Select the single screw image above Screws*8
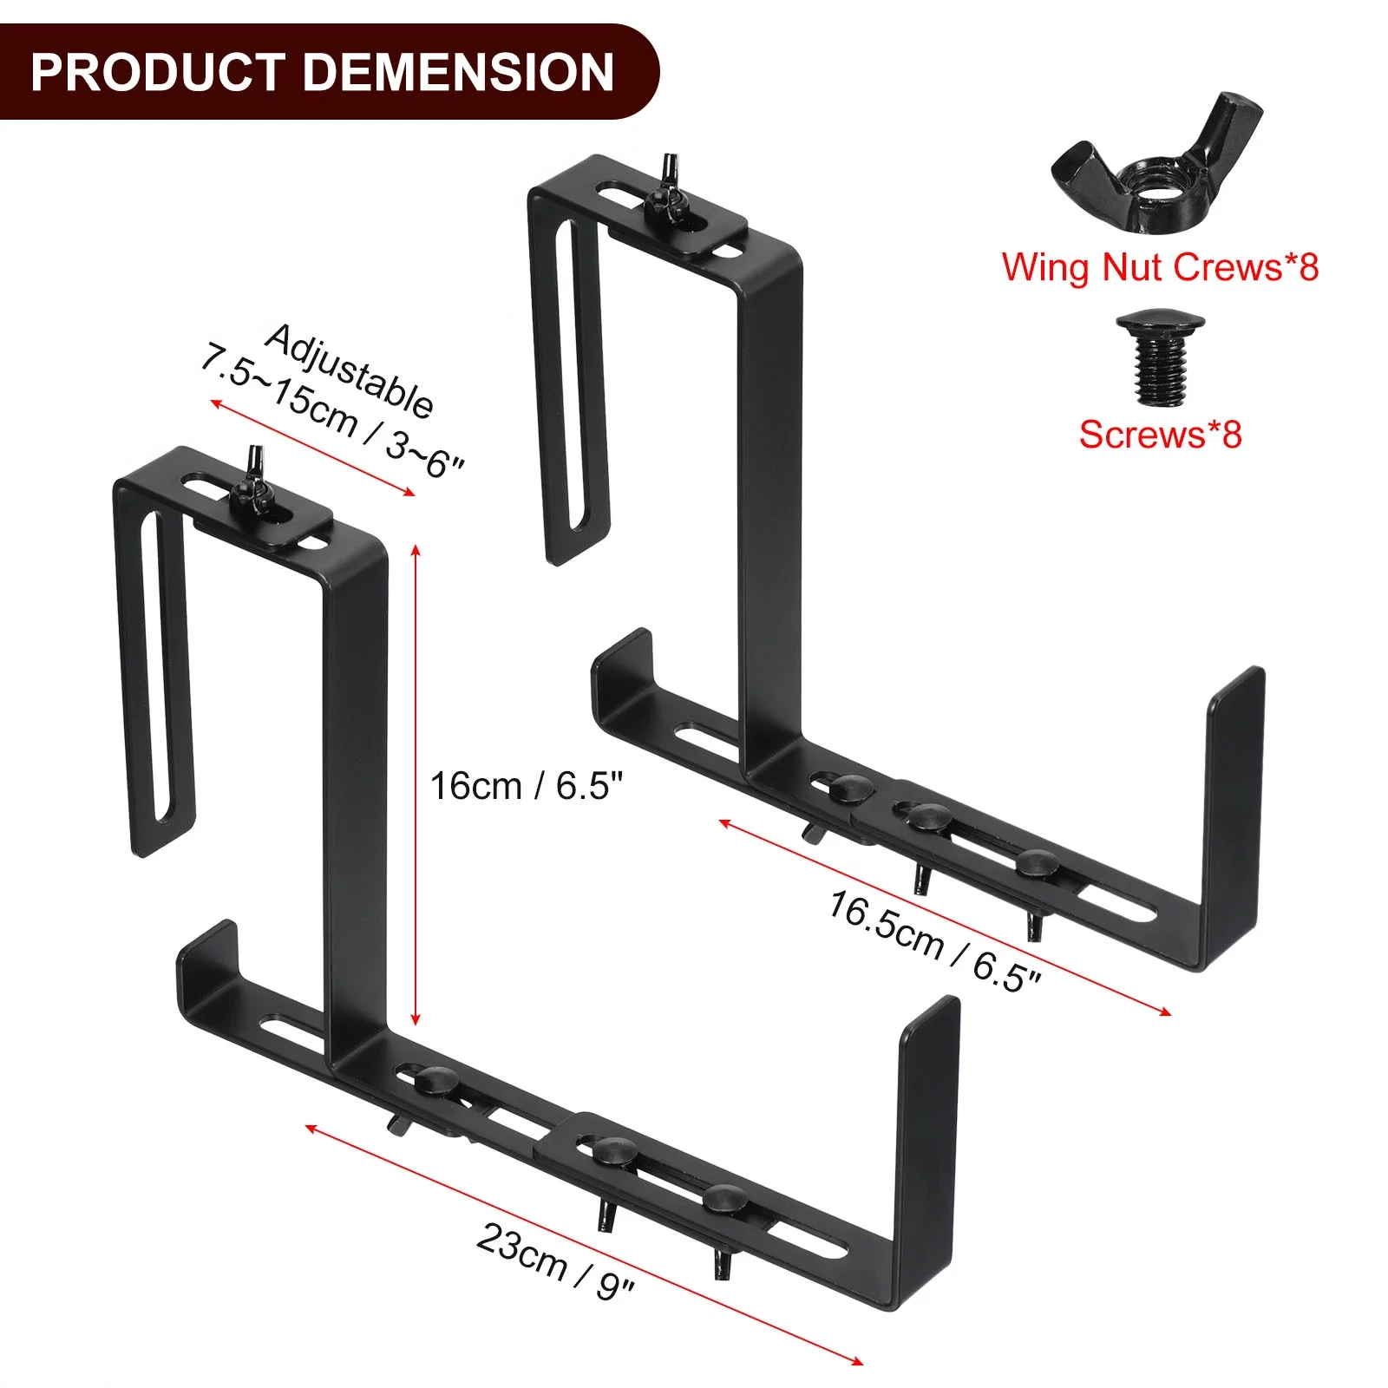pyautogui.click(x=1159, y=360)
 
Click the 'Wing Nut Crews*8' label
pyautogui.click(x=1160, y=266)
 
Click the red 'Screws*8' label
pyautogui.click(x=1160, y=434)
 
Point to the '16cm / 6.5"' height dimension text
pyautogui.click(x=527, y=786)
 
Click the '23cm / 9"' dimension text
pyautogui.click(x=555, y=1262)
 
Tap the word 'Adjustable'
pyautogui.click(x=349, y=371)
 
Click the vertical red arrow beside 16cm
pyautogui.click(x=416, y=785)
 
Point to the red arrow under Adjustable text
pyautogui.click(x=312, y=448)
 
